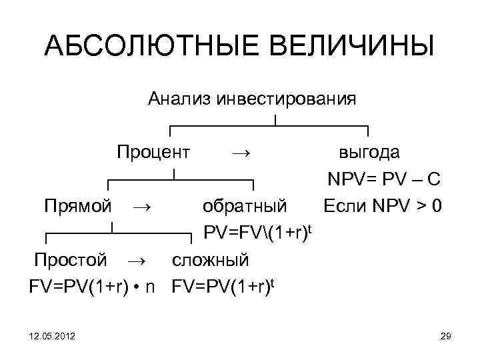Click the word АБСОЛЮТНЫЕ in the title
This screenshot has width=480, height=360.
click(143, 47)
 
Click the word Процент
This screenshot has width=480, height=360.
click(153, 152)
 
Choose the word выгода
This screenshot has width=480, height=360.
click(369, 152)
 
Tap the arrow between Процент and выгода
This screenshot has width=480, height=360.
click(241, 153)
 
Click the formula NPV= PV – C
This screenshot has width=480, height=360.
click(383, 180)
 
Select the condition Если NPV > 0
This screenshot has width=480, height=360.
click(382, 206)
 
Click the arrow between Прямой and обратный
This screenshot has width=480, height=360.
click(141, 207)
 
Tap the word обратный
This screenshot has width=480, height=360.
click(245, 206)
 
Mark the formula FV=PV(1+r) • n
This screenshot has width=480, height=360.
click(93, 287)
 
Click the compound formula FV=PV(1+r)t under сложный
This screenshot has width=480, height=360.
click(224, 287)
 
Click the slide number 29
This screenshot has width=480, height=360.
click(446, 340)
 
